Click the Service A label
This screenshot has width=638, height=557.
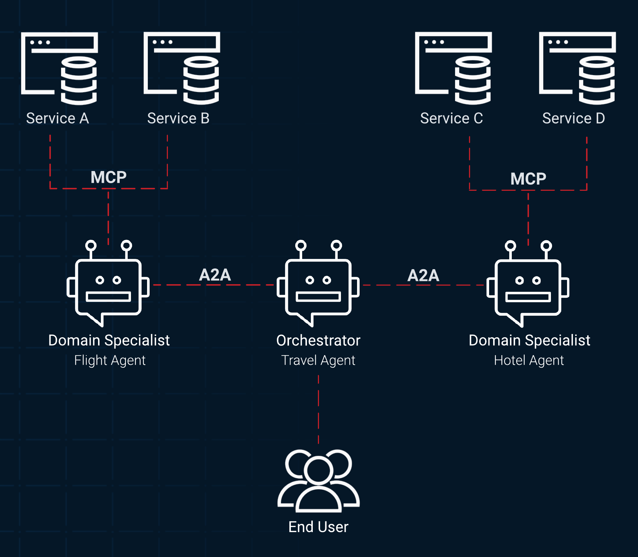tap(57, 119)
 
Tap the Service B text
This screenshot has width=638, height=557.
tap(178, 119)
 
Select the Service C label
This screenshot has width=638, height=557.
tap(451, 119)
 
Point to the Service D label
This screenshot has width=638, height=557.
tap(573, 119)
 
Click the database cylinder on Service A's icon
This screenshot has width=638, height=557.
tap(79, 81)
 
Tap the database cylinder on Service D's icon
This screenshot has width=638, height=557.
tap(597, 81)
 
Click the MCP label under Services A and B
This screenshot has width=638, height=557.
tap(108, 177)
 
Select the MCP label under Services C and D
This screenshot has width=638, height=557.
tap(528, 179)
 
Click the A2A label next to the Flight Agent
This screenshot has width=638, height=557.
tap(215, 275)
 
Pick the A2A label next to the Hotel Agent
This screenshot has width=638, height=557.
tap(423, 275)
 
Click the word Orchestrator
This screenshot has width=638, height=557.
tap(318, 341)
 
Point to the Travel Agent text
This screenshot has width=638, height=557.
tap(318, 360)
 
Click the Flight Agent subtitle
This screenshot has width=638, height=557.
tap(110, 360)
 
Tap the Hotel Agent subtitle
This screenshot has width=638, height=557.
tap(529, 360)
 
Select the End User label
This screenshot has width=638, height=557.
tap(318, 527)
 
